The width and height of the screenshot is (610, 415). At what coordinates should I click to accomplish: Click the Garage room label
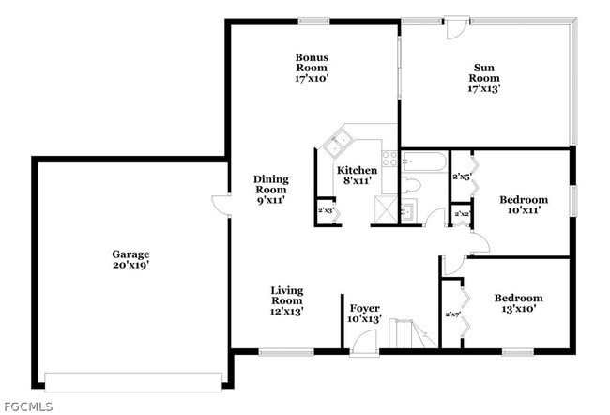pos(130,260)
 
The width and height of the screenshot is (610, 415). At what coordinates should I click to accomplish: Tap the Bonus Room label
pos(312,68)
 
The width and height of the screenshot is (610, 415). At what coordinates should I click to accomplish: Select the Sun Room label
pos(484,77)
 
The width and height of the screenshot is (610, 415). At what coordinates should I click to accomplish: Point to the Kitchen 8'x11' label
pos(357,176)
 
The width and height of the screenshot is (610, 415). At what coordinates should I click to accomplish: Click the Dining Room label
pos(270,189)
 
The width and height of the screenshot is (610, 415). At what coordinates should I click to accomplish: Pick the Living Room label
pos(286,300)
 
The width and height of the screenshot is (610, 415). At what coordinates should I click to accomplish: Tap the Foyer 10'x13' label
pos(364,314)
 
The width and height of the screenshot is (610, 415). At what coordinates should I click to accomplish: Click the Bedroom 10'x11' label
pos(523,205)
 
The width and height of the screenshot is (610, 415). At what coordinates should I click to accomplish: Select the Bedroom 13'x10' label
pos(518,304)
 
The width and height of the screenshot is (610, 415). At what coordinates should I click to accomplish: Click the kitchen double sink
pos(337,144)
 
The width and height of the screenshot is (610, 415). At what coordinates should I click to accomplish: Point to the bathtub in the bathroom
pos(425,163)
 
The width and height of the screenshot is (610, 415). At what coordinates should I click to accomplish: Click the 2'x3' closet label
pos(326,211)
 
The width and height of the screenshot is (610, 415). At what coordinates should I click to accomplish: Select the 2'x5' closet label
pos(461,177)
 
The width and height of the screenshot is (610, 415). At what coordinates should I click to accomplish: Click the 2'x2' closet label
pos(461,215)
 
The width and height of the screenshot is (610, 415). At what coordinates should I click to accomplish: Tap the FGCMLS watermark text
pos(28,407)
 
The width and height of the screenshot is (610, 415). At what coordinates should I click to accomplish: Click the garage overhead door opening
pos(133,381)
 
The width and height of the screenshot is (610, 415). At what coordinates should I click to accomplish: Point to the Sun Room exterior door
pos(455,24)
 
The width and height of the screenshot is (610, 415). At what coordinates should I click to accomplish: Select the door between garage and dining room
pos(221,206)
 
